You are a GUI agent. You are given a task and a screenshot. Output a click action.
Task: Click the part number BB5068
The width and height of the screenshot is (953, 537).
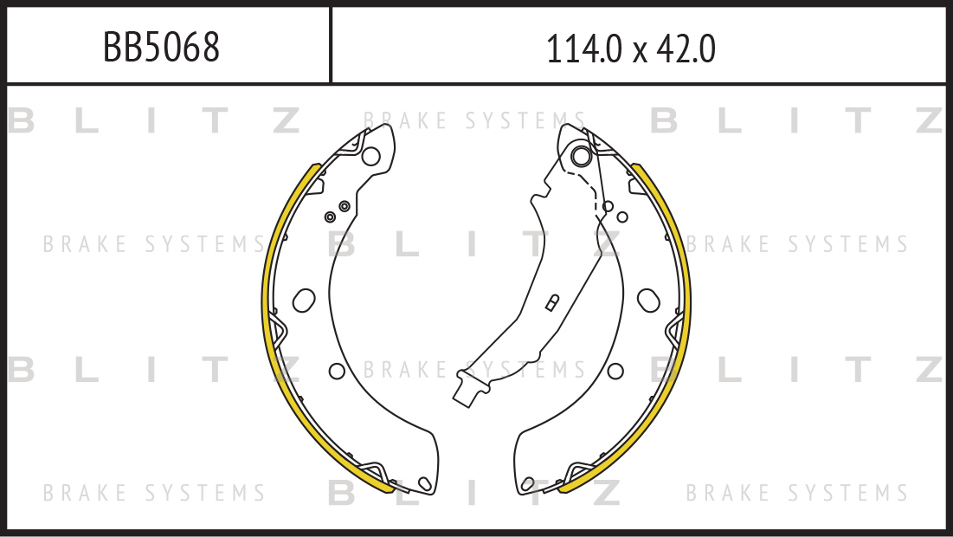pyautogui.click(x=161, y=47)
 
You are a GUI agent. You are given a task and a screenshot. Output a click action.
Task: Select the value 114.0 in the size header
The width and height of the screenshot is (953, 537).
pyautogui.click(x=584, y=49)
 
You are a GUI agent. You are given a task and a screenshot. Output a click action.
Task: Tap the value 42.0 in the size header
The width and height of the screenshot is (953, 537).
pyautogui.click(x=686, y=49)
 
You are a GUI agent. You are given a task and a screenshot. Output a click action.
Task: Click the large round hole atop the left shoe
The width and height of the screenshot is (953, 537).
pyautogui.click(x=370, y=156)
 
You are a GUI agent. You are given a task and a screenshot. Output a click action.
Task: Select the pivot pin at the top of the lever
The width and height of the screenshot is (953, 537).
pyautogui.click(x=581, y=156)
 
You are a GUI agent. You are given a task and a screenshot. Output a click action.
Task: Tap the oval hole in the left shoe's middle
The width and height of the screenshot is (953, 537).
pyautogui.click(x=304, y=300)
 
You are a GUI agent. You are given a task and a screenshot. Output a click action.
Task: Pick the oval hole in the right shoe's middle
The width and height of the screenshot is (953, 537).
pyautogui.click(x=648, y=300)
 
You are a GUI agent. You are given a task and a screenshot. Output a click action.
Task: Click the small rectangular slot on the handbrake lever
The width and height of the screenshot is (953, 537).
pyautogui.click(x=552, y=303)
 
